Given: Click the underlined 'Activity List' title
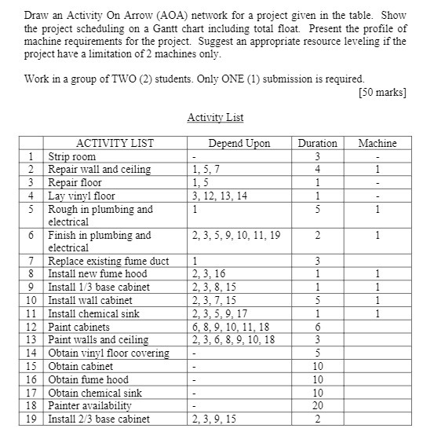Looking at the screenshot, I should pyautogui.click(x=215, y=118).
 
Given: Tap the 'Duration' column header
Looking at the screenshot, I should pyautogui.click(x=317, y=143).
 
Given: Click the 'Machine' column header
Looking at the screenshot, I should pyautogui.click(x=378, y=143).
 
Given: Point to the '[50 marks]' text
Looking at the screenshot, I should pyautogui.click(x=382, y=93).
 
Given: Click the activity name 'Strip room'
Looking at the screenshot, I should pyautogui.click(x=71, y=156).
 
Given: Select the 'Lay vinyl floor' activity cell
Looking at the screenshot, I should pyautogui.click(x=82, y=196).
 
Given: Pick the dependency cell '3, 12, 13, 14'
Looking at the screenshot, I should pyautogui.click(x=220, y=196).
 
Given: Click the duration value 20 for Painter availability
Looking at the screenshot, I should pyautogui.click(x=317, y=405).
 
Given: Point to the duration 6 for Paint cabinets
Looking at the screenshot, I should pyautogui.click(x=317, y=327).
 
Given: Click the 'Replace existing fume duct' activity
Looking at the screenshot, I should pyautogui.click(x=108, y=261).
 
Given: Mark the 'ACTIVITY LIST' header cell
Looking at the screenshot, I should pyautogui.click(x=115, y=143).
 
